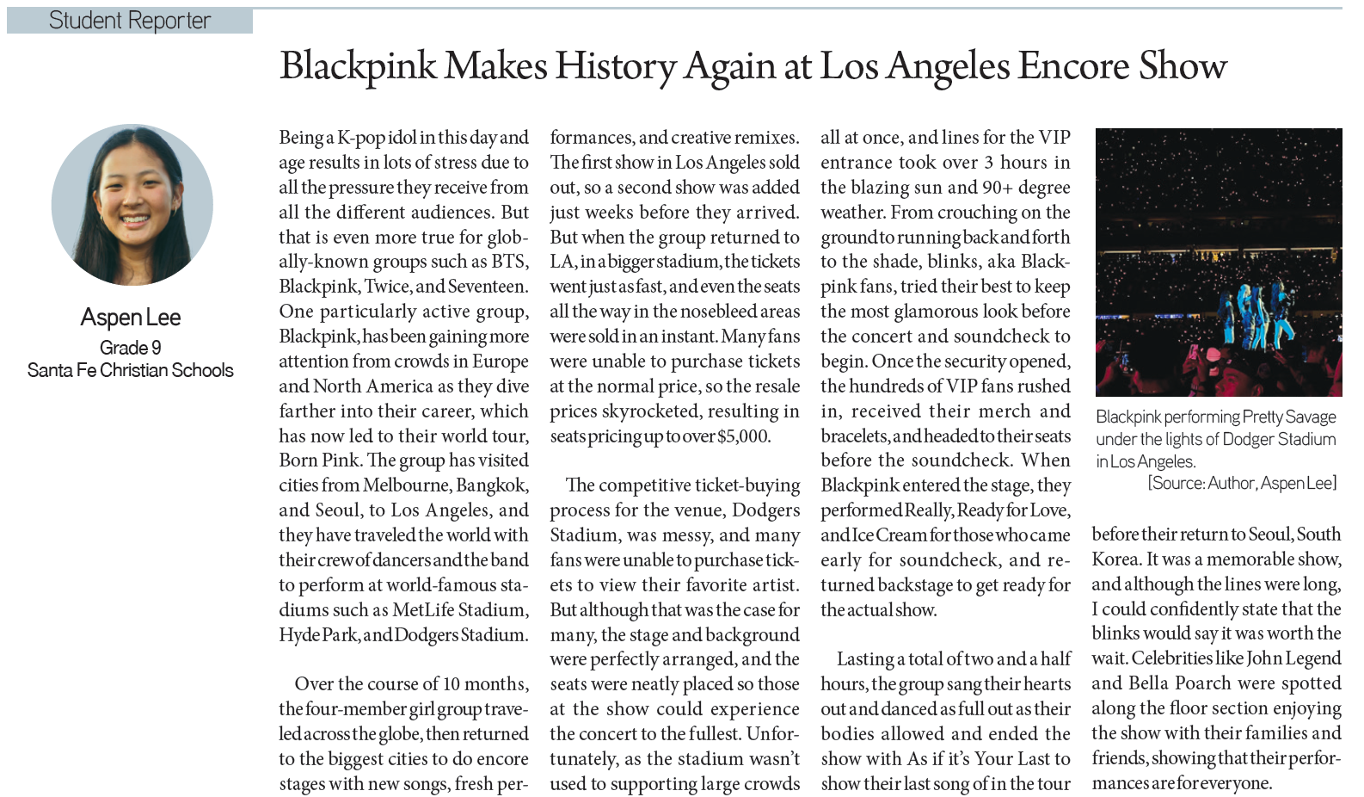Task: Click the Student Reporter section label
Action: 129,21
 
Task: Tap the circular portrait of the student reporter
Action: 132,205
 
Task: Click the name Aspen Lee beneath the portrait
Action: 131,318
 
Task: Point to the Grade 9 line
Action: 131,348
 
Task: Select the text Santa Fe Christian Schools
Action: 131,370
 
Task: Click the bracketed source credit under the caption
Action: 1242,484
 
